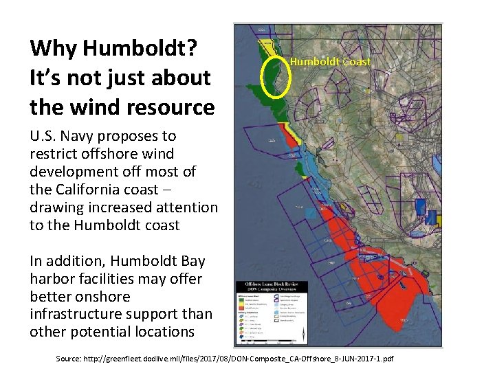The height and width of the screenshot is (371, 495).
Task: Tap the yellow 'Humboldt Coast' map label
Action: click(330, 62)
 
